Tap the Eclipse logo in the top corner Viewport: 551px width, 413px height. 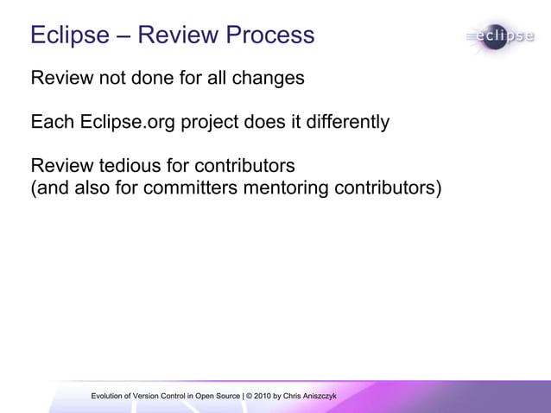click(x=500, y=37)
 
